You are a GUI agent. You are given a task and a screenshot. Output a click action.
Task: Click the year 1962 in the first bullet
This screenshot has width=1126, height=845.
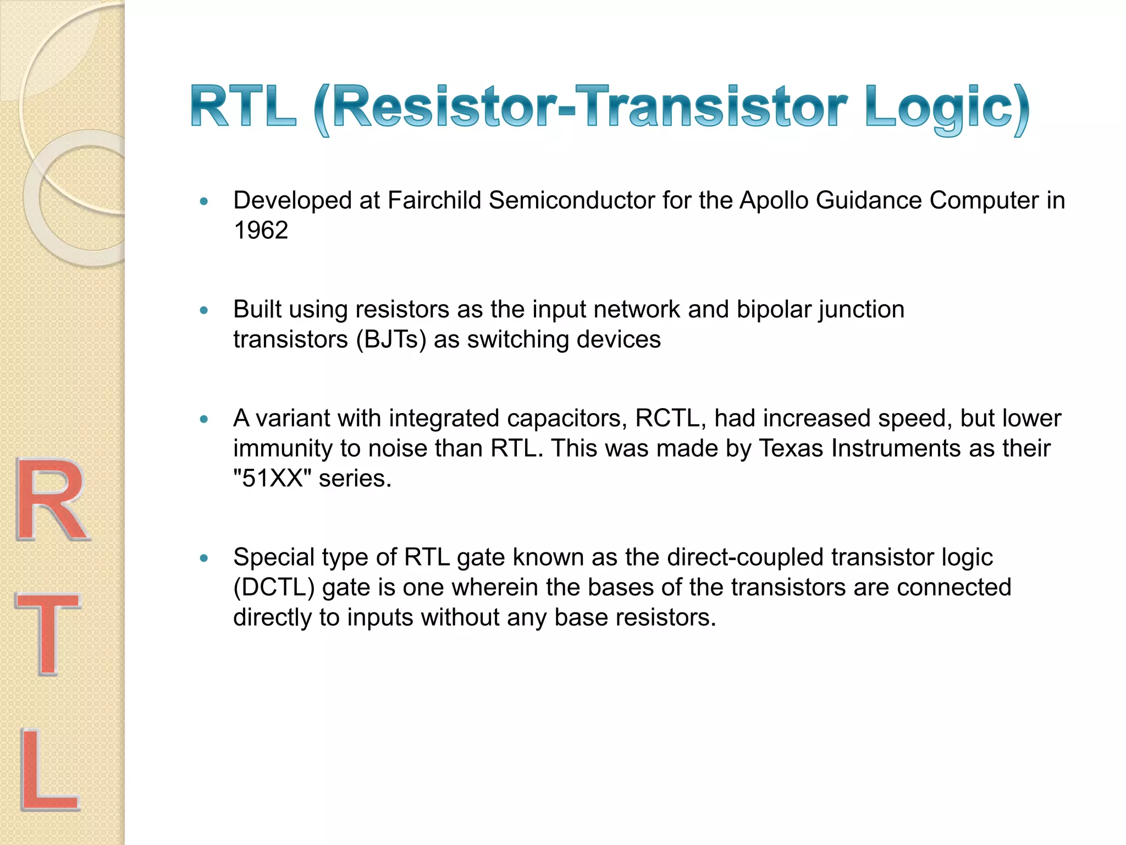(x=261, y=231)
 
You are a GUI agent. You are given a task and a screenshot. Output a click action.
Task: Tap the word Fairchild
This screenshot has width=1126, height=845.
(x=434, y=201)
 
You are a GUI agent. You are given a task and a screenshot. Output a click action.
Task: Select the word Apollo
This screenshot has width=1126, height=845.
(x=774, y=201)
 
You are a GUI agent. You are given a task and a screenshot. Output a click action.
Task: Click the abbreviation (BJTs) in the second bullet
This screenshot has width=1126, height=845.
(x=391, y=340)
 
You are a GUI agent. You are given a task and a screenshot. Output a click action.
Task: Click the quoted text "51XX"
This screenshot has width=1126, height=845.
(x=272, y=479)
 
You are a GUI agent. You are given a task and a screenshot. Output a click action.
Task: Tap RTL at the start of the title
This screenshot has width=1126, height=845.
(x=244, y=107)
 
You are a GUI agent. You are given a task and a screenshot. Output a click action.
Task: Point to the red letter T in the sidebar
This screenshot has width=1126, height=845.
(x=48, y=634)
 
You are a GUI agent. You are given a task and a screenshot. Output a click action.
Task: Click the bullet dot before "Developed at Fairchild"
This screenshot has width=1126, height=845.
(x=204, y=202)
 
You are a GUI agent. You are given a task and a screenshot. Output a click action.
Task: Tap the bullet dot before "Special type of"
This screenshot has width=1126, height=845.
(x=204, y=559)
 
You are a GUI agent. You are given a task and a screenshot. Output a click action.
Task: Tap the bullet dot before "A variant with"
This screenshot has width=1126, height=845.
(x=204, y=420)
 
